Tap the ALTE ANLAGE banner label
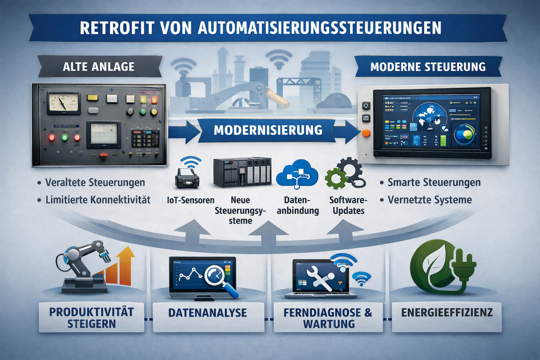click(98, 67)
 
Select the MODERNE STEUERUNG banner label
click(428, 67)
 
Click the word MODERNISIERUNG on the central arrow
click(268, 130)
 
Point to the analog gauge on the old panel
click(63, 103)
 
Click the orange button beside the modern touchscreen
click(366, 133)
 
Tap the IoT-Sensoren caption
click(190, 200)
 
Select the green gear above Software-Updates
click(336, 178)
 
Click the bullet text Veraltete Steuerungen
click(95, 183)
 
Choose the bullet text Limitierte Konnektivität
click(98, 200)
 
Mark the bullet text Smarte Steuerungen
click(434, 183)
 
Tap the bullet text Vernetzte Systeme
click(429, 200)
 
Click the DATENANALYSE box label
click(208, 313)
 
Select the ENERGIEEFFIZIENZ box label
click(447, 312)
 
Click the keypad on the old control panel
click(145, 139)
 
